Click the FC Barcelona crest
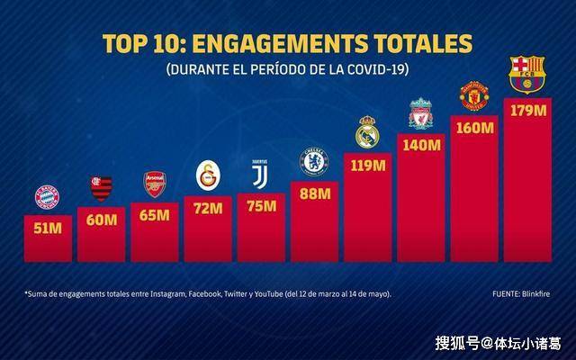pos(526,74)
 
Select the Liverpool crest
pos(421,112)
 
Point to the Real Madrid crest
pos(367,131)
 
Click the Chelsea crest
pos(314,162)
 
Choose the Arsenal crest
pos(155,184)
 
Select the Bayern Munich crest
pos(47,197)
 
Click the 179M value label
pos(526,111)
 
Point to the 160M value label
pos(474,128)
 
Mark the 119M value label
pos(367,165)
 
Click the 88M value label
pos(314,193)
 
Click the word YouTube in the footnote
pos(266,294)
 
